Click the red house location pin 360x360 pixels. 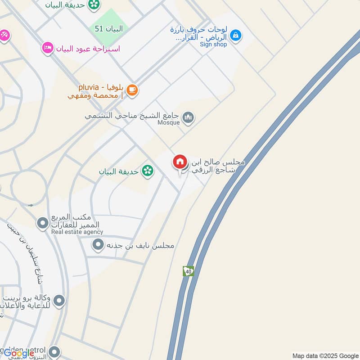180,162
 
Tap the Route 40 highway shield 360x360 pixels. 188,271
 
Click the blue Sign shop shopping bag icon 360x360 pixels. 235,34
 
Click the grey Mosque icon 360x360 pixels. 188,117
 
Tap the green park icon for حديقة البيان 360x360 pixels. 147,171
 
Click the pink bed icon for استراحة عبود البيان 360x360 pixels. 47,48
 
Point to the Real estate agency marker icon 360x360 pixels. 42,223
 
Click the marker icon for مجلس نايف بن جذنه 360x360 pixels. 98,245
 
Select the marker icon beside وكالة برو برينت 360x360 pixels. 59,300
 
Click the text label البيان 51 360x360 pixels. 108,29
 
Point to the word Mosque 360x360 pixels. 168,122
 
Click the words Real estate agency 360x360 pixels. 77,232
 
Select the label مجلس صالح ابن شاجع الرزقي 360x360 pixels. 218,166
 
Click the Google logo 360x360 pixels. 18,353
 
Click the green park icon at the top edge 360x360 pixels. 94,4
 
